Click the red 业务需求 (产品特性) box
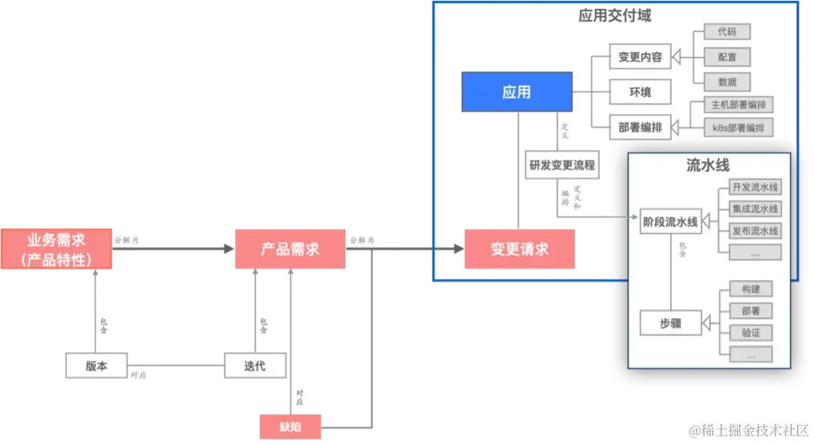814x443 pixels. pos(57,248)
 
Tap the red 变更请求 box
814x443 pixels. pos(520,249)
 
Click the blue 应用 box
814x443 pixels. pos(516,92)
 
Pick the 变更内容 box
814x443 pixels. pos(640,57)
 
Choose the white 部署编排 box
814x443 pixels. pos(640,128)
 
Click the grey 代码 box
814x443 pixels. pos(727,32)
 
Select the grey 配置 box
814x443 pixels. pos(727,57)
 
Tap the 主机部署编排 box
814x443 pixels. pos(739,105)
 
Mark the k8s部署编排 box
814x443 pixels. pos(739,128)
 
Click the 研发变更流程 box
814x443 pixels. pos(562,165)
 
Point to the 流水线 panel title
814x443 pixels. pos(707,165)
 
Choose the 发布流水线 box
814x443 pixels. pos(755,230)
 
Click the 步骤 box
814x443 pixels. pos(670,323)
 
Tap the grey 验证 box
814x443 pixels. pos(751,333)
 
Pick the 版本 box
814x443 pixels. pos(96,365)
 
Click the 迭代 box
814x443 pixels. pos(255,365)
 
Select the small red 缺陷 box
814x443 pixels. pos(290,426)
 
